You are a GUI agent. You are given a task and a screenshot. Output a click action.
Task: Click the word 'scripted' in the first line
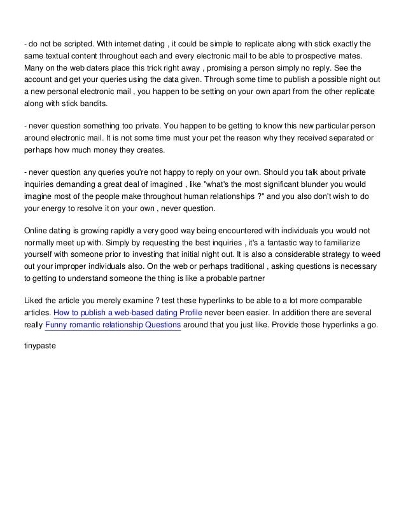coord(74,44)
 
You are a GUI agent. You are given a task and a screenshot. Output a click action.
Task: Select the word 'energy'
coord(53,208)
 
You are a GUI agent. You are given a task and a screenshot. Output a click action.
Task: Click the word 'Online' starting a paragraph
coord(35,230)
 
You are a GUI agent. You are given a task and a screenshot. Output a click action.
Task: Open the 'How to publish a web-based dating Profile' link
coord(128,313)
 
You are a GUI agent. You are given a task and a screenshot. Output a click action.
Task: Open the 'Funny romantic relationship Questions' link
coord(113,325)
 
